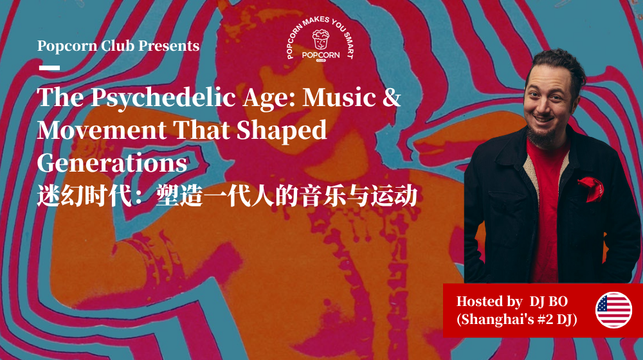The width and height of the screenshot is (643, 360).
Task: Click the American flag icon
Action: coord(613,310)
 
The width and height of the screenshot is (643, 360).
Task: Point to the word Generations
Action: coord(112,163)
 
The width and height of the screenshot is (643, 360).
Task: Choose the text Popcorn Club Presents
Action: coord(118,46)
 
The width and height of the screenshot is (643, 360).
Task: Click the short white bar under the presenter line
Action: coord(50,67)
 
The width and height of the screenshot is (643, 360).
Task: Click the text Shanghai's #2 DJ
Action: coord(516,319)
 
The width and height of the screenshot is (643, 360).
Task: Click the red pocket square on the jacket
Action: coord(590,188)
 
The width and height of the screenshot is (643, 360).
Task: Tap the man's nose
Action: coord(543,103)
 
